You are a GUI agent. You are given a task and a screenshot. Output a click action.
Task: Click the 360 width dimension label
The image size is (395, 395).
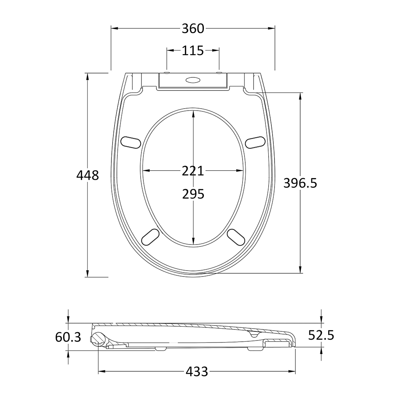click(x=193, y=28)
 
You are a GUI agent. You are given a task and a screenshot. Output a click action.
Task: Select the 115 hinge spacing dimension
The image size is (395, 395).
click(x=193, y=51)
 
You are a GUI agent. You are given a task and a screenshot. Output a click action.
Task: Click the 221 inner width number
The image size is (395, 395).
click(x=193, y=171)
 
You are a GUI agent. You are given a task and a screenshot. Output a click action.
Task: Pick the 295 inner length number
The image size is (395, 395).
click(x=193, y=194)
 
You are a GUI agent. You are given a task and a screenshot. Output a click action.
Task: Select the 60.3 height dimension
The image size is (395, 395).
click(x=68, y=337)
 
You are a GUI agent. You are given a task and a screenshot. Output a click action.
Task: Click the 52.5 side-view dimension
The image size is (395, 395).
click(x=321, y=335)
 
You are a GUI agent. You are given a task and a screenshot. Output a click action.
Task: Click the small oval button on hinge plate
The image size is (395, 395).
click(x=193, y=80)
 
